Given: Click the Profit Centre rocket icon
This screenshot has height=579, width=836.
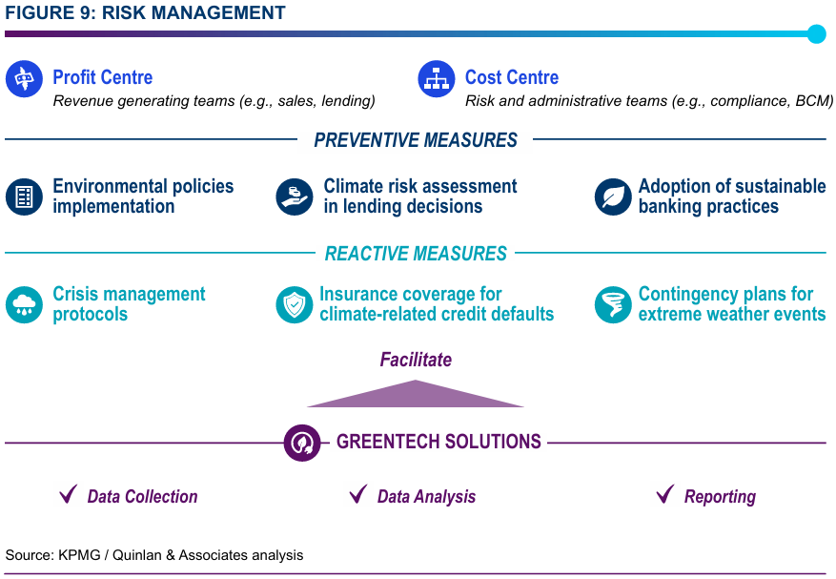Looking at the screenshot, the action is pos(24,79).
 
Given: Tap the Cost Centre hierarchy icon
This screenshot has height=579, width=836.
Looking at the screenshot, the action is pos(437,79).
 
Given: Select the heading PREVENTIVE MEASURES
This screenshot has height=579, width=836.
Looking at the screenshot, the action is pos(416,140).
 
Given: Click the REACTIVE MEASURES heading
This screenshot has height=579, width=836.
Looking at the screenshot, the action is pos(416,254).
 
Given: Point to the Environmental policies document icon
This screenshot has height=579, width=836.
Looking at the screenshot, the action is pos(24,196).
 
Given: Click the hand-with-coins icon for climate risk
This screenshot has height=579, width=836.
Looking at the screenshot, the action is pos(295,196).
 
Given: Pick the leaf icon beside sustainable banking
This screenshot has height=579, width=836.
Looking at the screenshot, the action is pos(613,196).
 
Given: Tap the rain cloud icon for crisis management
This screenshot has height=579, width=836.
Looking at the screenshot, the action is pos(24,304).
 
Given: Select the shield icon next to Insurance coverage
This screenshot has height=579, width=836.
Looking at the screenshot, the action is pos(295,304).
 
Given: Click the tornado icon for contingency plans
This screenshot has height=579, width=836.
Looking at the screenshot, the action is pos(613,304).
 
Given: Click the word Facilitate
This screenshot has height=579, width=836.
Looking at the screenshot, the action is pos(416,360).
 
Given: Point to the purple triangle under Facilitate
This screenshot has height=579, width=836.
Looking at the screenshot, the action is pos(416,396).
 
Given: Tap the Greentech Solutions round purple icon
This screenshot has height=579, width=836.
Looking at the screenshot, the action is pos(302,443).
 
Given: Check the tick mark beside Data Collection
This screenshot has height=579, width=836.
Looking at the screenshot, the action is pos(69,493).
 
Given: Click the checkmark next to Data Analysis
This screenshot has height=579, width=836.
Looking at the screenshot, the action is pos(358,493).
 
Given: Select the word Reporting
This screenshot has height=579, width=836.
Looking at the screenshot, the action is pos(720,497).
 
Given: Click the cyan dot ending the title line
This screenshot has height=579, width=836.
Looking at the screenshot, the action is pos(816,34).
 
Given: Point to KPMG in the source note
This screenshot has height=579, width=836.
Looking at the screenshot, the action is pos(79,555).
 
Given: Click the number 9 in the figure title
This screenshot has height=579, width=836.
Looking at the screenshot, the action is pos(87,12).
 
